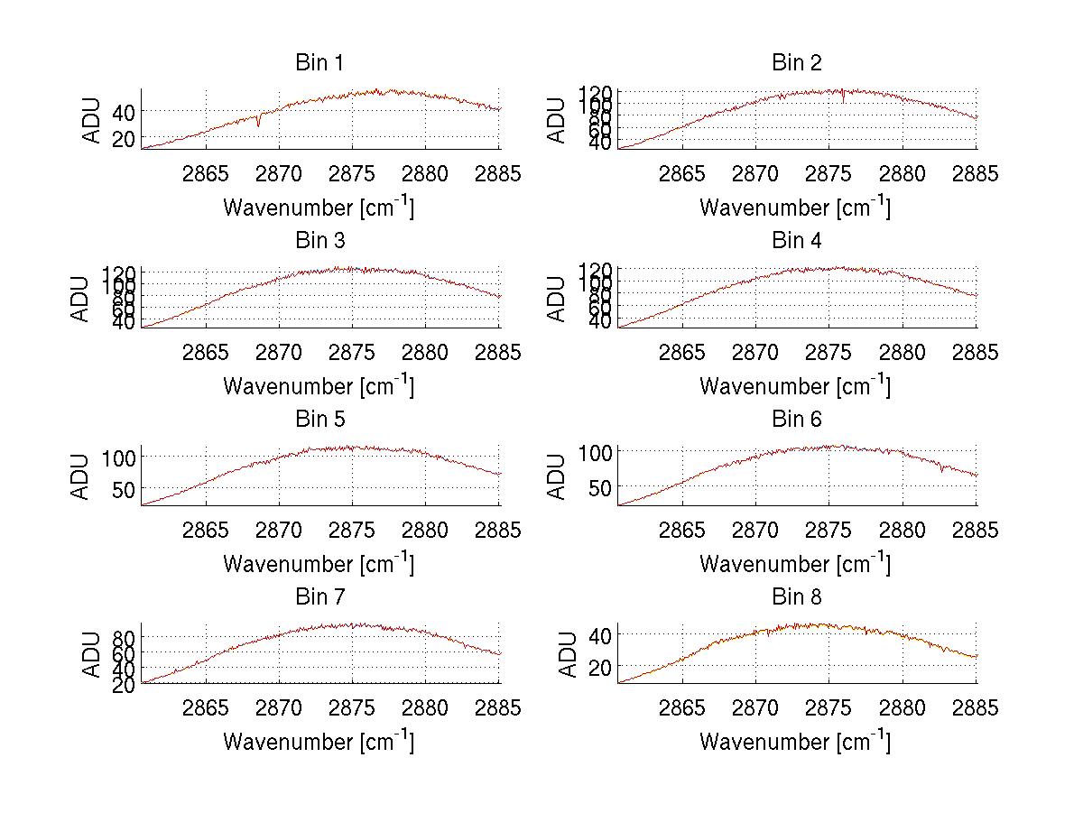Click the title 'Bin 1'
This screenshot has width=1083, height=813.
(x=319, y=63)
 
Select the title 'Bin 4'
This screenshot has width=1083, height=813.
(x=797, y=241)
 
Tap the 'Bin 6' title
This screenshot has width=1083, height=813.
(x=797, y=420)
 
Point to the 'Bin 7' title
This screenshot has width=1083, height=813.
(x=319, y=597)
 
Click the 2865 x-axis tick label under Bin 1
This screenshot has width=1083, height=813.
(x=206, y=174)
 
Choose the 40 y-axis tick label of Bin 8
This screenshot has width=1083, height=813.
(x=598, y=635)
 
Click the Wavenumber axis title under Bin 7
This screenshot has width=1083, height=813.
(x=319, y=742)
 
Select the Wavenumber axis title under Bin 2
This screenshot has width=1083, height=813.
(x=795, y=207)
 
